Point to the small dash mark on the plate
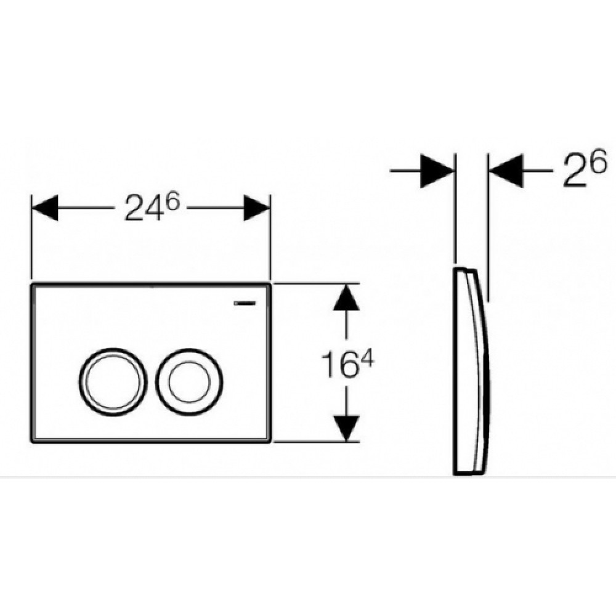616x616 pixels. click(x=245, y=303)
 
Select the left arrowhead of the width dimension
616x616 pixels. click(x=45, y=208)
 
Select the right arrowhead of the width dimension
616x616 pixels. click(x=256, y=208)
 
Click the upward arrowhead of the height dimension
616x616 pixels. click(x=346, y=298)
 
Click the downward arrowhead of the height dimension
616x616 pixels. click(x=346, y=428)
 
